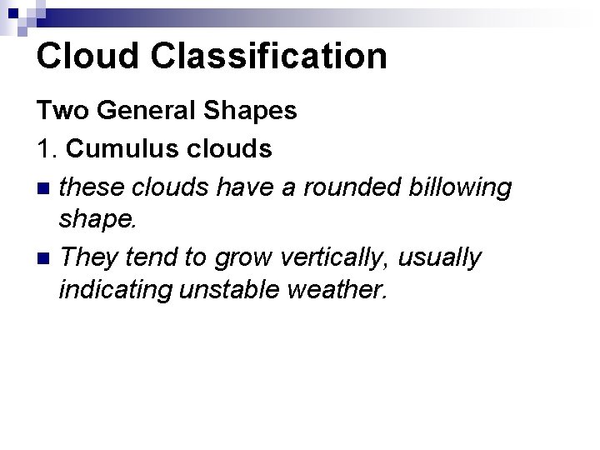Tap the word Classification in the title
coord(272,56)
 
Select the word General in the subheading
coord(137,111)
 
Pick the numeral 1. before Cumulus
coord(47,148)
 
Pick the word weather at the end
coord(342,292)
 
